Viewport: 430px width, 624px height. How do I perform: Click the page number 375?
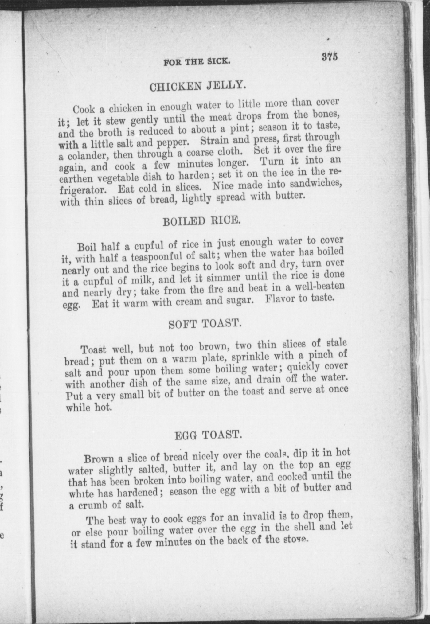330,57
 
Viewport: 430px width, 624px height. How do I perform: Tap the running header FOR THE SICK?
197,62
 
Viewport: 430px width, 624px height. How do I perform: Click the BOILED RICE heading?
201,221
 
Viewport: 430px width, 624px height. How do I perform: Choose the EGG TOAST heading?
208,435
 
